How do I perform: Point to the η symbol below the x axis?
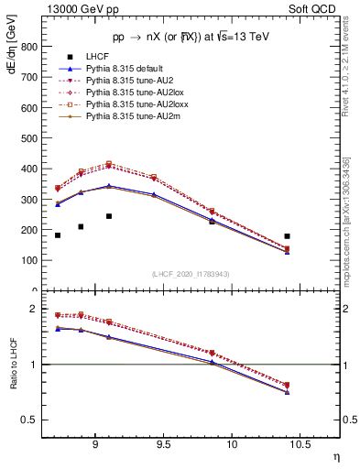336,456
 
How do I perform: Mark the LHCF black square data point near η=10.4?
288,236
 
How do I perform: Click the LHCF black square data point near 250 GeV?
109,216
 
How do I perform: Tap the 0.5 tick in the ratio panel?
31,420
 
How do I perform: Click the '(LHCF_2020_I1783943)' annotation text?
190,275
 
